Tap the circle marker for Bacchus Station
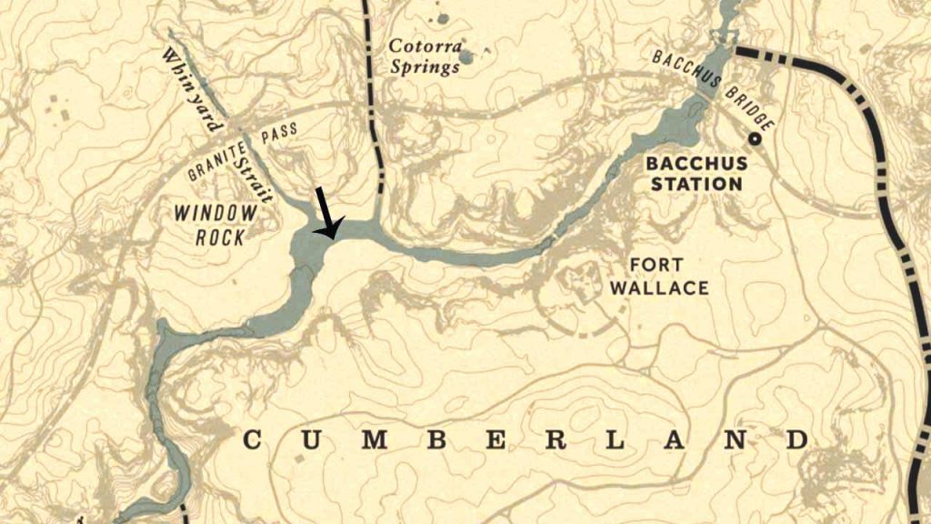754,139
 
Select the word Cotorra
425,46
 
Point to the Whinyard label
192,81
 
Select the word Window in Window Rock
215,216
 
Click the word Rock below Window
220,238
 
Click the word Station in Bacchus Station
696,185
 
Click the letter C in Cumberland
252,441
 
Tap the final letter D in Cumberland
797,441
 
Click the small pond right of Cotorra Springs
466,58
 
